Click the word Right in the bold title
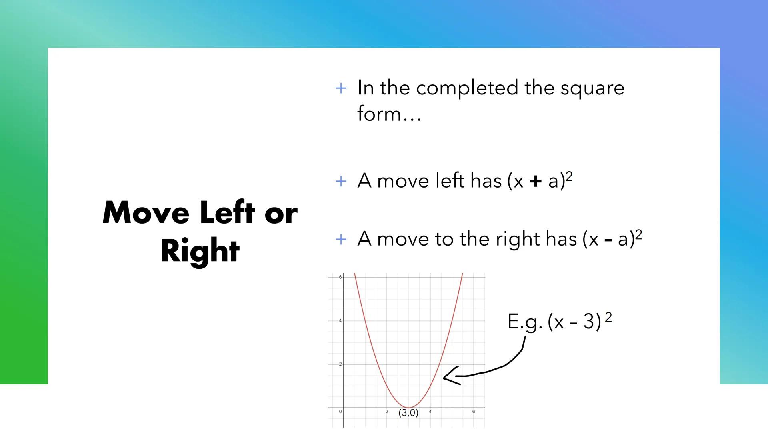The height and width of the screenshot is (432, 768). click(200, 251)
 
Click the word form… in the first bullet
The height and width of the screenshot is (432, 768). click(389, 114)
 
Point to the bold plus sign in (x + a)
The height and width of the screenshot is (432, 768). click(535, 182)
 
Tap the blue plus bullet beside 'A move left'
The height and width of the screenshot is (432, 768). click(341, 181)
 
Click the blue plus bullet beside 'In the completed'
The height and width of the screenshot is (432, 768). click(341, 88)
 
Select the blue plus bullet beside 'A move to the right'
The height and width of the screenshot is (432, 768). click(341, 240)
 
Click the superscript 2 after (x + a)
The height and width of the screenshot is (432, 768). click(569, 176)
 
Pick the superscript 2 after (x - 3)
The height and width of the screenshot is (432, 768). click(608, 317)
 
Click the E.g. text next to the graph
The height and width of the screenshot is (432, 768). click(524, 322)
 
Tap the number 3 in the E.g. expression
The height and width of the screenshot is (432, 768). click(589, 322)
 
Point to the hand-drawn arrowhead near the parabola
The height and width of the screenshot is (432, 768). click(450, 376)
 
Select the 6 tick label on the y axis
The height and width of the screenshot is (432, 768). click(340, 277)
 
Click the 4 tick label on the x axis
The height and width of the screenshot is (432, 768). click(430, 412)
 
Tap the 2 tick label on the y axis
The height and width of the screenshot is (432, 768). click(340, 364)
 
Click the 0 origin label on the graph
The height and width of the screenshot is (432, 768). click(340, 412)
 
